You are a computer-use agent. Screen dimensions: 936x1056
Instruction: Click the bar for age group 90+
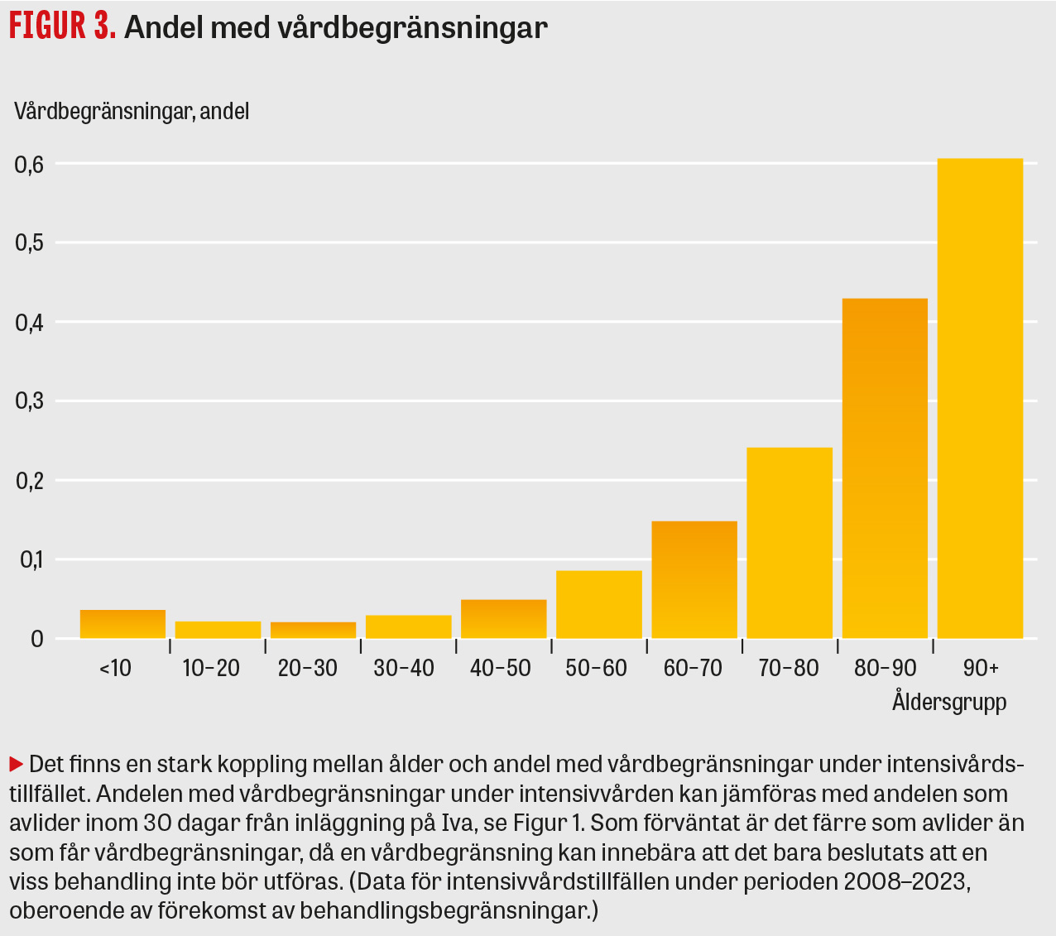pyautogui.click(x=980, y=398)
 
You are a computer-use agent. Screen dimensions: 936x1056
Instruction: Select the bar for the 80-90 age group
pyautogui.click(x=885, y=468)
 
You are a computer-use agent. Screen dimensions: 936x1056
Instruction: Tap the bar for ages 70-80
pyautogui.click(x=790, y=543)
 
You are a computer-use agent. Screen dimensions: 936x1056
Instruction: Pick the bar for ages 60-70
pyautogui.click(x=694, y=579)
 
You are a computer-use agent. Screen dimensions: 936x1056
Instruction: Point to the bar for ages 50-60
pyautogui.click(x=599, y=604)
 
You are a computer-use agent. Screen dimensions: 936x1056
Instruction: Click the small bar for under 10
pyautogui.click(x=122, y=624)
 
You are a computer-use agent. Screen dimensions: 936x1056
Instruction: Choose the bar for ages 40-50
pyautogui.click(x=503, y=618)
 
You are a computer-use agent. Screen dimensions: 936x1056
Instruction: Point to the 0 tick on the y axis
pyautogui.click(x=37, y=639)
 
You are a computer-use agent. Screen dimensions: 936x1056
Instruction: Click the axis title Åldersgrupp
pyautogui.click(x=949, y=703)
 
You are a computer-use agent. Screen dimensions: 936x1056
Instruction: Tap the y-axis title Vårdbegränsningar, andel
pyautogui.click(x=132, y=111)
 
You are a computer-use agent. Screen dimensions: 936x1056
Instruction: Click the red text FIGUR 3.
pyautogui.click(x=62, y=27)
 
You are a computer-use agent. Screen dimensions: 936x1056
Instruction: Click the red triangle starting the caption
pyautogui.click(x=16, y=762)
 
